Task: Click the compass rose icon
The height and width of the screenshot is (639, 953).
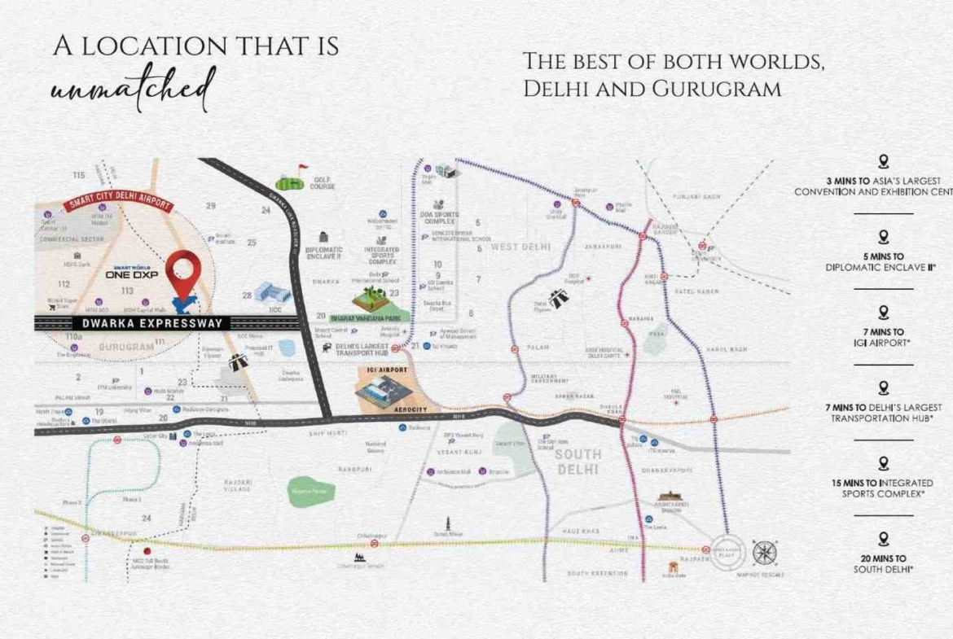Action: tap(764, 553)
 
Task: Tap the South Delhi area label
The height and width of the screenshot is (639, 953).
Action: tap(578, 462)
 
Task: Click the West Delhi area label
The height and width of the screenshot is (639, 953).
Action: tap(521, 247)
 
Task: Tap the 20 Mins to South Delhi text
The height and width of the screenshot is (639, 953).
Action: tap(883, 563)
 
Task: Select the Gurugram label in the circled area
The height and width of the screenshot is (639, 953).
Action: tap(126, 346)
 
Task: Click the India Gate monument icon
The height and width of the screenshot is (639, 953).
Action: tap(673, 567)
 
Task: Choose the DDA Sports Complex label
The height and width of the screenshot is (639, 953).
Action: tap(441, 218)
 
